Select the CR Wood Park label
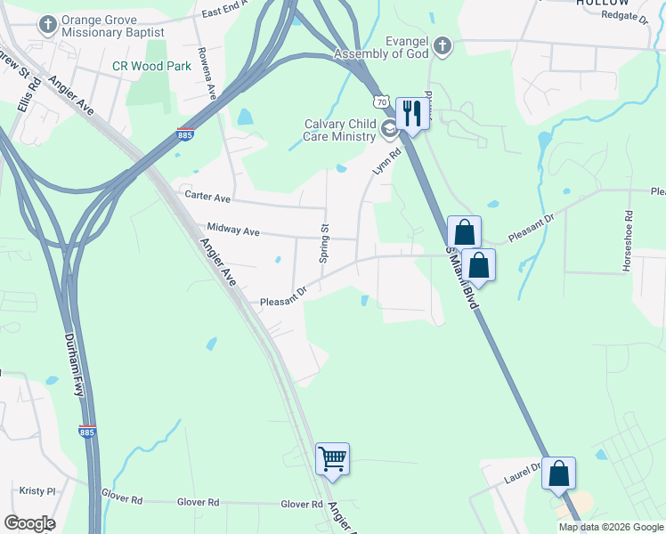pyautogui.click(x=152, y=66)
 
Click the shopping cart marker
pyautogui.click(x=332, y=458)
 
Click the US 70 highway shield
pyautogui.click(x=382, y=102)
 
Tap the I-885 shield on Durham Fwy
pyautogui.click(x=86, y=431)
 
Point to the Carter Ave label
pyautogui.click(x=207, y=196)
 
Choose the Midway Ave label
pyautogui.click(x=232, y=231)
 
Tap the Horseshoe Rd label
pyautogui.click(x=628, y=229)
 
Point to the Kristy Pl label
pyautogui.click(x=37, y=490)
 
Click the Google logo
pyautogui.click(x=29, y=522)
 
